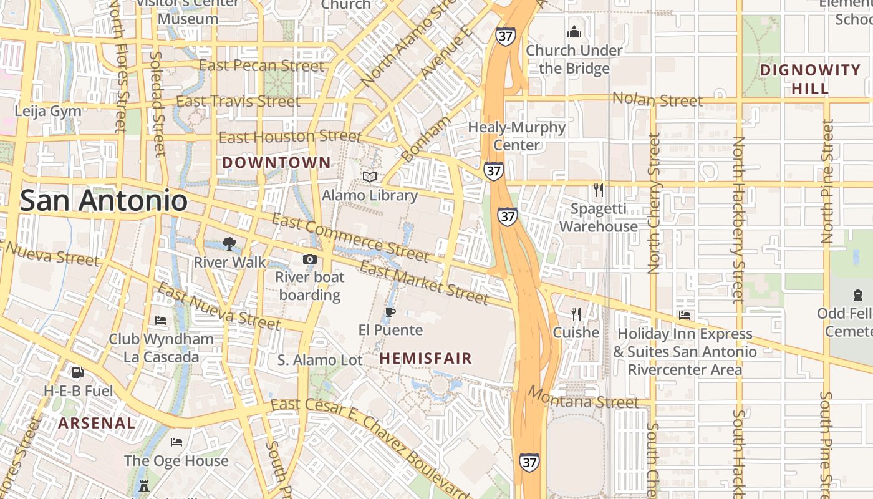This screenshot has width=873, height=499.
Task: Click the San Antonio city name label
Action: (x=104, y=201)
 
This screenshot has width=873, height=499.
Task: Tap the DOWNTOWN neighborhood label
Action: (x=277, y=163)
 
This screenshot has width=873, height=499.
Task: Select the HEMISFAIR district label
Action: (x=426, y=359)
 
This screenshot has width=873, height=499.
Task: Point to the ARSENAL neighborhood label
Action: (x=97, y=423)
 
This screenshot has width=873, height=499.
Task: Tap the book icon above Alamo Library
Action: (x=370, y=177)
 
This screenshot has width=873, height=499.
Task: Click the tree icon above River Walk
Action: (x=229, y=244)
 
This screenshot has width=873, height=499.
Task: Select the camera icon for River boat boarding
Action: (x=309, y=259)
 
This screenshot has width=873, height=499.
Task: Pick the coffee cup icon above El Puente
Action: (x=390, y=312)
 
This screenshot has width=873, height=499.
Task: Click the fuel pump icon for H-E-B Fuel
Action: (x=78, y=373)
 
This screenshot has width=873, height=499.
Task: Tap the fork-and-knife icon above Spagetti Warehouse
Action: (x=598, y=190)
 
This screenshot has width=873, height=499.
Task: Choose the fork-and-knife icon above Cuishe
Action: (x=576, y=314)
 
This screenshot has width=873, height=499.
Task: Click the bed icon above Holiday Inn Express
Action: (x=685, y=316)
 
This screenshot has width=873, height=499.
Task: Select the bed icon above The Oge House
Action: (x=176, y=442)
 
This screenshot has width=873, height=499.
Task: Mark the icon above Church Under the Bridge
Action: (x=574, y=32)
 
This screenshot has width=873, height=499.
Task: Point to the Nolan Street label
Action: (x=657, y=99)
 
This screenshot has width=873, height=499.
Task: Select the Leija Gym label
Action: (x=48, y=111)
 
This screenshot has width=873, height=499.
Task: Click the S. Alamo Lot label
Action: (x=320, y=360)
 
